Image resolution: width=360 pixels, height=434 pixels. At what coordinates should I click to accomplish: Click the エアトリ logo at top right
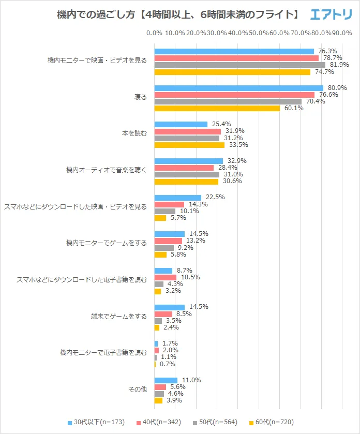[x=331, y=15]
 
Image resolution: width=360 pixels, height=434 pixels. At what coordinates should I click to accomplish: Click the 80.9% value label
[x=337, y=88]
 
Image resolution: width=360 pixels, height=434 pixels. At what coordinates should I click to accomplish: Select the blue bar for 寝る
[x=238, y=88]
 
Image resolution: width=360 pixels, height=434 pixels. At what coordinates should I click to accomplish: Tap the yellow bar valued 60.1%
[x=217, y=108]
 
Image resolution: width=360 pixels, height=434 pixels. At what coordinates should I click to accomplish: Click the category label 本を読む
[x=134, y=133]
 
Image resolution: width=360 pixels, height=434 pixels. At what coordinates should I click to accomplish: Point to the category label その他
[x=138, y=390]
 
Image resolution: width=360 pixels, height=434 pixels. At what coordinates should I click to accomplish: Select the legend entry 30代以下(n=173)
[x=96, y=422]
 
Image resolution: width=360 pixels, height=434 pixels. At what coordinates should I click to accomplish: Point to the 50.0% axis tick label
[x=259, y=33]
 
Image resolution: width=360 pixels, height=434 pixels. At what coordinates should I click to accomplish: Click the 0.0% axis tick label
[x=154, y=33]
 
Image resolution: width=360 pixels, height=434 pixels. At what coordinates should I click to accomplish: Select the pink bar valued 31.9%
[x=187, y=131]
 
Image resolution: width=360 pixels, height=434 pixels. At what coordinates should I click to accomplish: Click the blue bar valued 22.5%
[x=177, y=198]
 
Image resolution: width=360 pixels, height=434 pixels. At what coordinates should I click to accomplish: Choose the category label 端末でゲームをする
[x=118, y=316]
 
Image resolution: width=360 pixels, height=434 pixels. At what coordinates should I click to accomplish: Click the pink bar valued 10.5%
[x=165, y=277]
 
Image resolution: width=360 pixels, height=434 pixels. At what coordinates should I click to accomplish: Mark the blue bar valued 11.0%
[x=166, y=380]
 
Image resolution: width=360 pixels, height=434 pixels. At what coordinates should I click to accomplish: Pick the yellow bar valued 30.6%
[x=186, y=181]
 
